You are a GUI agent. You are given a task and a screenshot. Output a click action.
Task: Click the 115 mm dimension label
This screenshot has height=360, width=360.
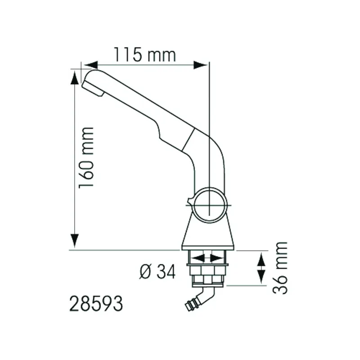145,54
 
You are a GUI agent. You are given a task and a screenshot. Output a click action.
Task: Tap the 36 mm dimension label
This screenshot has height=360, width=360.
280,268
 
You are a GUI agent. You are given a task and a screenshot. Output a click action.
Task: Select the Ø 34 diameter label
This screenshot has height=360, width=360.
157,271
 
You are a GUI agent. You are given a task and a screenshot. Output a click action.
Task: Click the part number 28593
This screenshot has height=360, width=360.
96,303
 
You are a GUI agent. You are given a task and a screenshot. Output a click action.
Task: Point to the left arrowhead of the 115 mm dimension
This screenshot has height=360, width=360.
90,65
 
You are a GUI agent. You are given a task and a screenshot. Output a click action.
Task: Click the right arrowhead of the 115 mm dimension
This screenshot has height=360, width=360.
200,65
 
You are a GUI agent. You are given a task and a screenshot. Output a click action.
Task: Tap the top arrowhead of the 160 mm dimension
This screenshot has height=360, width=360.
75,77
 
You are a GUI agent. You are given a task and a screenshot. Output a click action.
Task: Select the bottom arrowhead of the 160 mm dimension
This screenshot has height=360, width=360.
75,241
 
